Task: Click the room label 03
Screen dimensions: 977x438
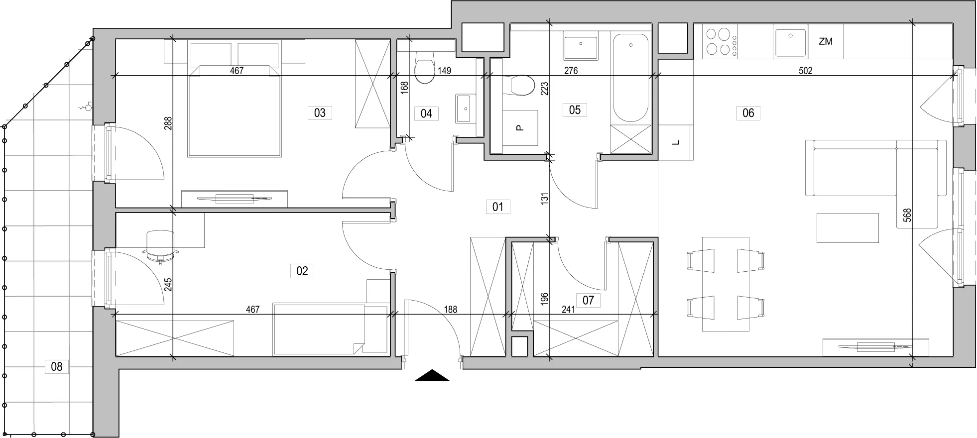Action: tap(320, 113)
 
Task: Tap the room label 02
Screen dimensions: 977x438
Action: tap(302, 271)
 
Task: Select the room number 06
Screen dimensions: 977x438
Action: tap(748, 113)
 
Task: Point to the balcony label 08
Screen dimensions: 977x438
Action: tap(57, 367)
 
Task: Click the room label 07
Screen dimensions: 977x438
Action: tap(588, 300)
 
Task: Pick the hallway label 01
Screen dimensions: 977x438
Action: tap(498, 207)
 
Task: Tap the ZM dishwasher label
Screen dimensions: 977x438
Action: tap(826, 42)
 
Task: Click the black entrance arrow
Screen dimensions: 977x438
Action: tap(432, 375)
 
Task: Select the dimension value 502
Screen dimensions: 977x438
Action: tap(805, 71)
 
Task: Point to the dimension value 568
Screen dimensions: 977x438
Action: tap(907, 215)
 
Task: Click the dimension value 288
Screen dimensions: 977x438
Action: tap(168, 123)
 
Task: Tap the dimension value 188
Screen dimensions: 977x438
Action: tap(450, 310)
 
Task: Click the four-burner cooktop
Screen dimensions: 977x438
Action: tap(720, 41)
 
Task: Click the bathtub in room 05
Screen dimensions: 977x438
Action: tap(631, 78)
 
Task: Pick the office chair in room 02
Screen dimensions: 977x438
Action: tap(160, 245)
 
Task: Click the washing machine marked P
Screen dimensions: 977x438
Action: tap(520, 128)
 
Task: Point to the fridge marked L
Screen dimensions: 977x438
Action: tap(676, 142)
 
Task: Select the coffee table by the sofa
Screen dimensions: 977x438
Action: tap(848, 228)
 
